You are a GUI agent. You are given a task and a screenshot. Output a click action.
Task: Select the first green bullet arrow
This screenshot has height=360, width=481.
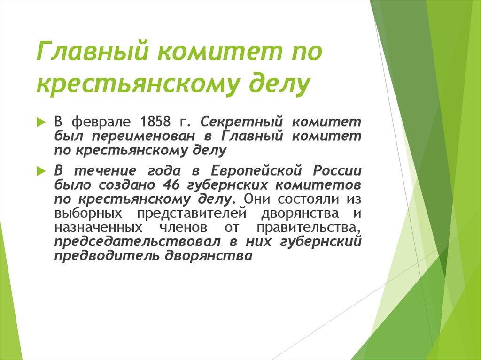41,122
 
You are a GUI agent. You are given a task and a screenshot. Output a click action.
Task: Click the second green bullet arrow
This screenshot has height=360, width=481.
41,169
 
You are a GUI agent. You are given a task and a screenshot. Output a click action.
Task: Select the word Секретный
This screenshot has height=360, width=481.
242,123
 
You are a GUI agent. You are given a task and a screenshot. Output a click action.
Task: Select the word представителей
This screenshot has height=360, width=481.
192,214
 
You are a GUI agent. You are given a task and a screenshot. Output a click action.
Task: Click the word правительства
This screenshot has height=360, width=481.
308,228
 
